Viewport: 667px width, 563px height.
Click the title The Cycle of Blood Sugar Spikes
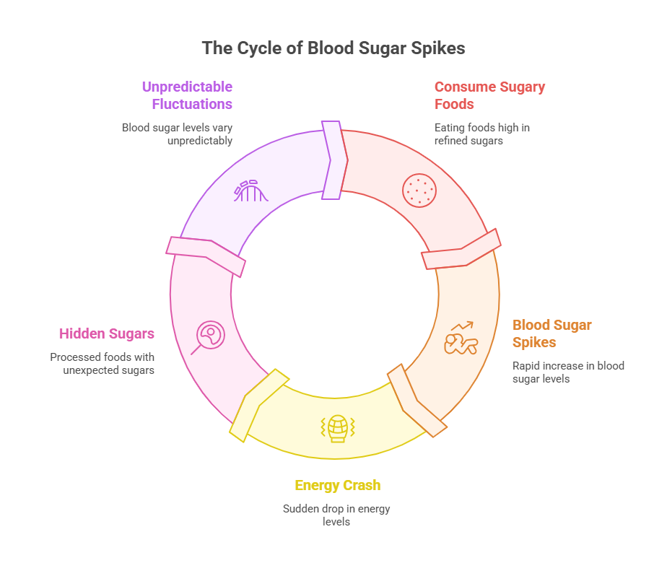click(333, 48)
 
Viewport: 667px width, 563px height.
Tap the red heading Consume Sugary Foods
click(489, 95)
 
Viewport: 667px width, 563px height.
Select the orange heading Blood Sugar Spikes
click(552, 333)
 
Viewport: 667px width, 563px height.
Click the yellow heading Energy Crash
click(337, 486)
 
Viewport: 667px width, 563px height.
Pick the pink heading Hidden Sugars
click(106, 333)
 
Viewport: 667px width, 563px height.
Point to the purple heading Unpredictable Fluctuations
click(187, 95)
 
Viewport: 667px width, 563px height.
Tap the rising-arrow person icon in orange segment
click(461, 339)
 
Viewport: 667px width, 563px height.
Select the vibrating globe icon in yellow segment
click(336, 427)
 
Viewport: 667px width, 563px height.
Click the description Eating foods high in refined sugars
click(482, 134)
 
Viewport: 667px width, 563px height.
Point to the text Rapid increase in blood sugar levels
click(567, 372)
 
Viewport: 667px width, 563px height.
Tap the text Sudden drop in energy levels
click(336, 515)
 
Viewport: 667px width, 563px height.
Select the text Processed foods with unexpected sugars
click(103, 364)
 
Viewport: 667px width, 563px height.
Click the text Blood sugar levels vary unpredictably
click(177, 134)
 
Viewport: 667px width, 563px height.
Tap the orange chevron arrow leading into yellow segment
click(417, 400)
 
